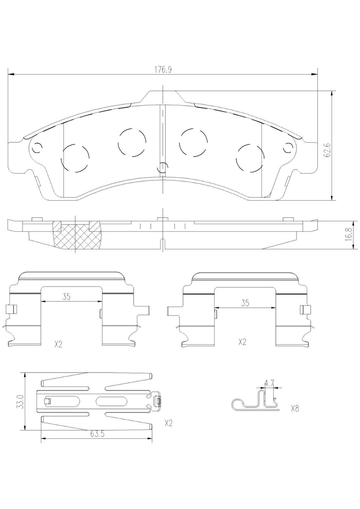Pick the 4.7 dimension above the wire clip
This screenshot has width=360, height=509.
tap(269, 383)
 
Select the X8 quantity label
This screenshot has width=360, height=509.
tap(295, 409)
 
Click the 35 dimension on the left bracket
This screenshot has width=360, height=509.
tap(66, 297)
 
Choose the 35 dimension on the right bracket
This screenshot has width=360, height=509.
tap(245, 303)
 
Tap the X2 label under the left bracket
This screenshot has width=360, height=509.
tap(58, 344)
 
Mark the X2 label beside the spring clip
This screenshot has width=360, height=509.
tap(169, 423)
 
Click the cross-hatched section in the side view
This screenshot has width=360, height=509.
tap(77, 235)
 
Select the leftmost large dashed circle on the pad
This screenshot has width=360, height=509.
tap(75, 158)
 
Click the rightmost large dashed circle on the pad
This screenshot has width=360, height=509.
tap(250, 158)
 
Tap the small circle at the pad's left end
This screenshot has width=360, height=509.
tap(37, 147)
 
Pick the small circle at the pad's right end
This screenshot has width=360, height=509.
tap(288, 147)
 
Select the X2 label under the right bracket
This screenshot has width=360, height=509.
tap(242, 342)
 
